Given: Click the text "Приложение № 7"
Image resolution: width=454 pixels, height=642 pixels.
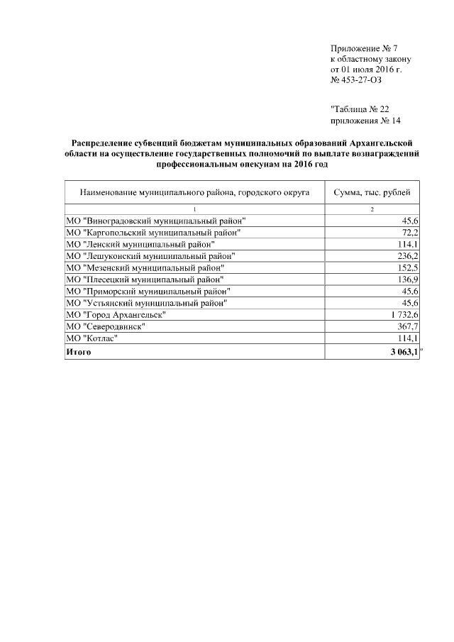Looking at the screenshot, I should coord(365,48).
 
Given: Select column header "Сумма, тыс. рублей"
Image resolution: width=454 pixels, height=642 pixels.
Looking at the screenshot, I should coord(372,192).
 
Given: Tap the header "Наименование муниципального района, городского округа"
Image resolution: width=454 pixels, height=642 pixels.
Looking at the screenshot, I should coord(194,192).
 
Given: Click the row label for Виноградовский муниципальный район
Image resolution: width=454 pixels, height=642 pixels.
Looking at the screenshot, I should coord(155,221).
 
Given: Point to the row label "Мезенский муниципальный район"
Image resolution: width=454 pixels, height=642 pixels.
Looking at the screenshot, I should coord(145,267).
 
